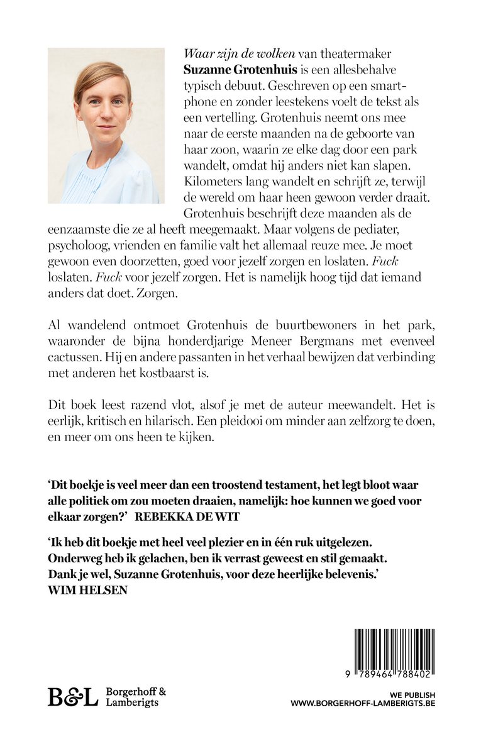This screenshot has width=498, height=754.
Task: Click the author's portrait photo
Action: [103, 126]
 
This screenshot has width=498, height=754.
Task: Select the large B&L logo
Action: [73, 696]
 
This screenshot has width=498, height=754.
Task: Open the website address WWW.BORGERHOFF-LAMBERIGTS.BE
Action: [363, 703]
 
